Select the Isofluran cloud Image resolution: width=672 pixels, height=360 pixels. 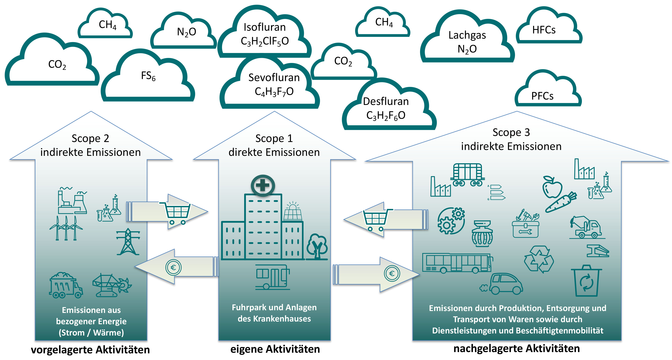pyautogui.click(x=265, y=34)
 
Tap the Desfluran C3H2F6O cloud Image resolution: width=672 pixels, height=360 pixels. pyautogui.click(x=386, y=108)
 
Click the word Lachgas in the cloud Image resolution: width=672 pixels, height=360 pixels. pyautogui.click(x=467, y=35)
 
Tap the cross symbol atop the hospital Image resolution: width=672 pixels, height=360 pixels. pyautogui.click(x=263, y=185)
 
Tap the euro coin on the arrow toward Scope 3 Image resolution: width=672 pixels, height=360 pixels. pyautogui.click(x=392, y=273)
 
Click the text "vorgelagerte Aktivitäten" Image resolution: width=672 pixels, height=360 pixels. pyautogui.click(x=90, y=350)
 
